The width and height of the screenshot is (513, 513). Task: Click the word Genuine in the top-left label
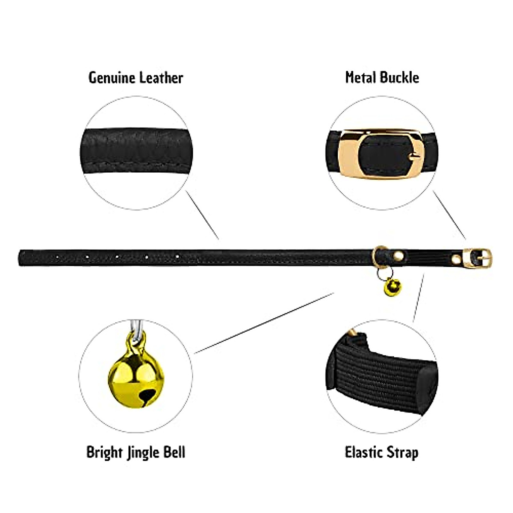pos(112,78)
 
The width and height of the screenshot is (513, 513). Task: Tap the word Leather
pos(162,78)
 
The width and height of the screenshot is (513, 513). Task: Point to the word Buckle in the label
pos(398,78)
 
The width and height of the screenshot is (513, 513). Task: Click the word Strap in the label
pos(401,453)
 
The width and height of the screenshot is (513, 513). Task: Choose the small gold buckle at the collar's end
pos(479,258)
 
